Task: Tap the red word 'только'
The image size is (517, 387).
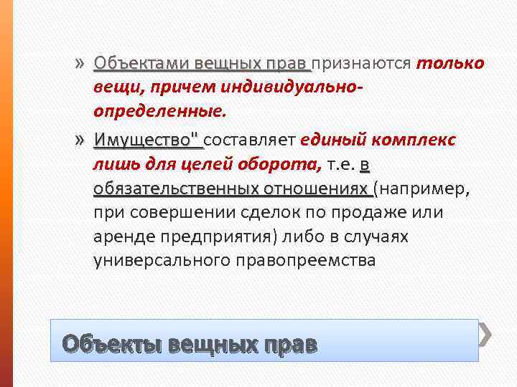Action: click(450, 64)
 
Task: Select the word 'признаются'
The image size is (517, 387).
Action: click(361, 64)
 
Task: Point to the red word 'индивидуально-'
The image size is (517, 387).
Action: click(285, 88)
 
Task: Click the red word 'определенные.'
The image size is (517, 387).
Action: click(158, 113)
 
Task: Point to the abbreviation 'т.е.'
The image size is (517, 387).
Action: click(341, 166)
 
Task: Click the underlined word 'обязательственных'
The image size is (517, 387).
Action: click(176, 190)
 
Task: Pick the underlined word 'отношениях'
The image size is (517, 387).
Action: click(316, 190)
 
